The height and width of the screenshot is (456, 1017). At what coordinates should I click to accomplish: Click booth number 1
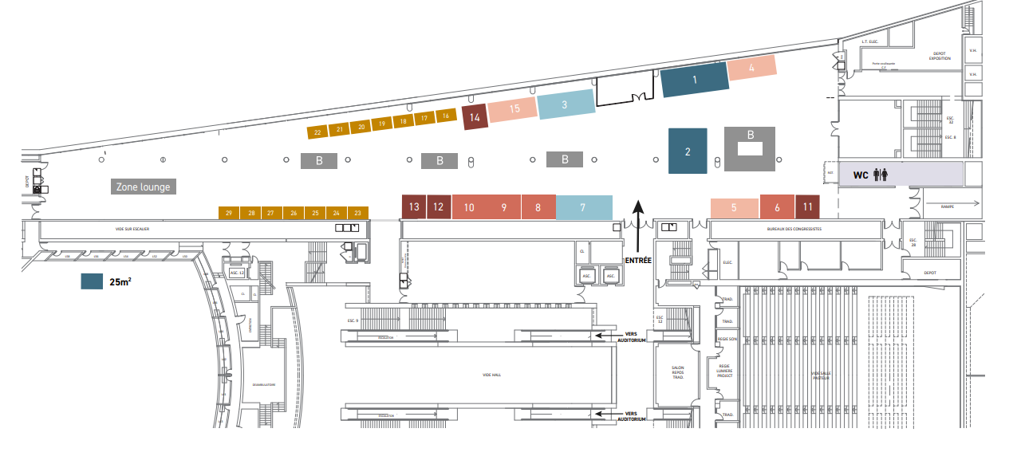(695, 81)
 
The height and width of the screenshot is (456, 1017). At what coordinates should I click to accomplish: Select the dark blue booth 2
(688, 151)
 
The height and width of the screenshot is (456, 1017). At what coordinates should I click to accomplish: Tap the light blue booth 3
(565, 104)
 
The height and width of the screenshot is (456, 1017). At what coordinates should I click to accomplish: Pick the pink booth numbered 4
(751, 69)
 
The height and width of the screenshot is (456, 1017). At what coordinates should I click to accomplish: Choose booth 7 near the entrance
(583, 207)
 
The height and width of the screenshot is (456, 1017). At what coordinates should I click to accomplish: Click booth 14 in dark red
(475, 117)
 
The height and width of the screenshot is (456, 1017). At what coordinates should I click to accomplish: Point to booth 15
(514, 109)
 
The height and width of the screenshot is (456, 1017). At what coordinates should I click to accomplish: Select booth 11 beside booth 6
(808, 207)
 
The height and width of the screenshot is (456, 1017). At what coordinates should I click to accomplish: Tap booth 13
(414, 207)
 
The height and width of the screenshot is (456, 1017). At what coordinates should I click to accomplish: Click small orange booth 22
(317, 131)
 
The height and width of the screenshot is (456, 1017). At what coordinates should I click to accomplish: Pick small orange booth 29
(229, 213)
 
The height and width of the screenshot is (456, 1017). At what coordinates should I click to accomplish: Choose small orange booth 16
(446, 116)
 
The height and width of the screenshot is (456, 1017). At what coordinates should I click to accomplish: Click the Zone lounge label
(143, 187)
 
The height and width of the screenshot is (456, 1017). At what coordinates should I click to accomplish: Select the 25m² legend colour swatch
(92, 281)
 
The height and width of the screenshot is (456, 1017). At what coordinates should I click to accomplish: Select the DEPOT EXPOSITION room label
(940, 57)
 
